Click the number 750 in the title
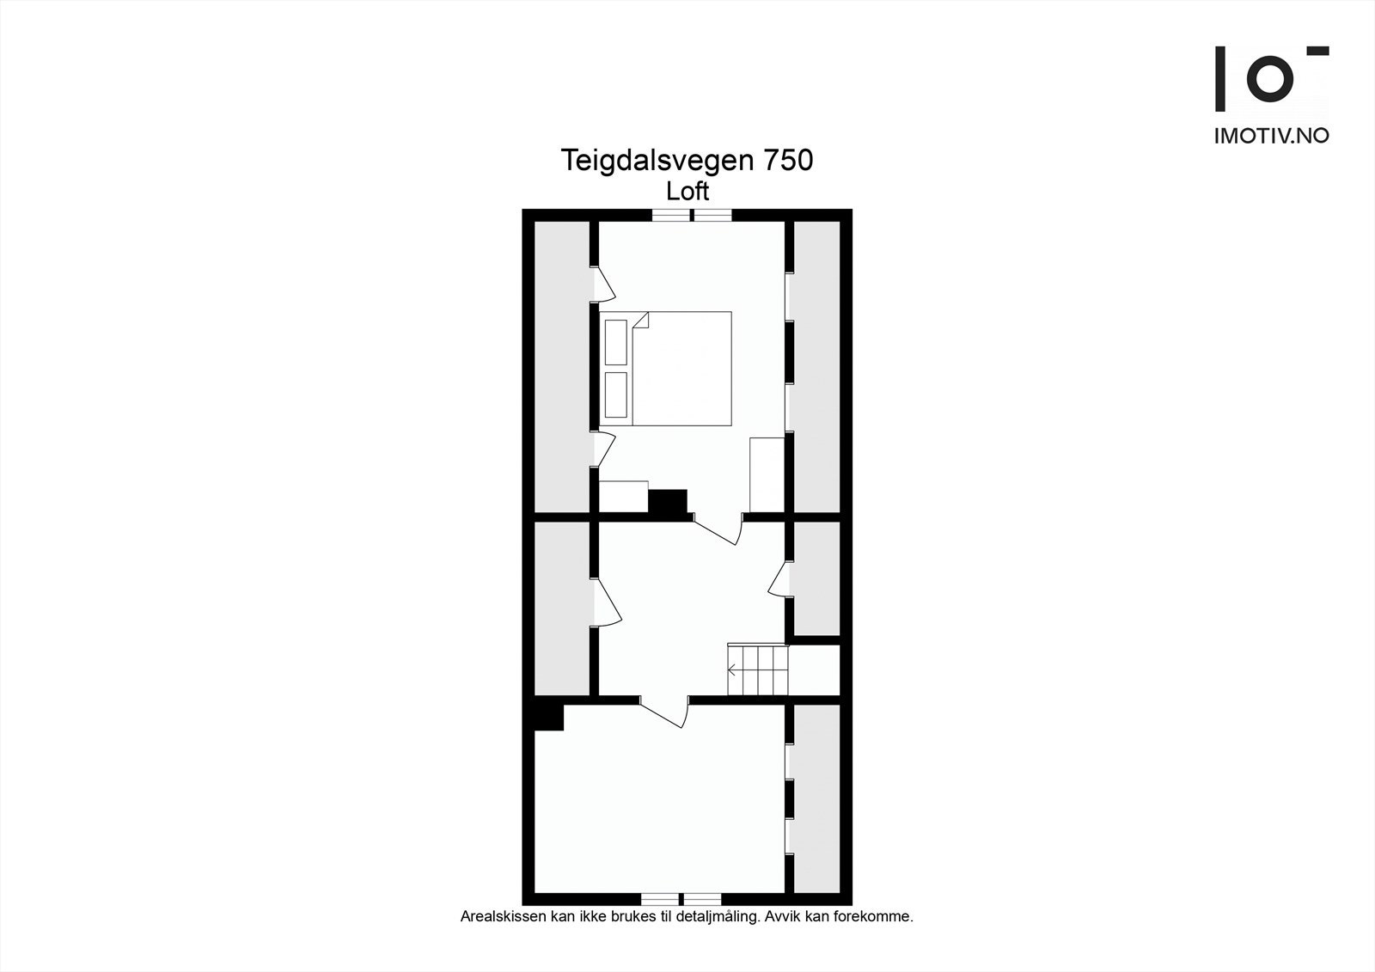click(782, 161)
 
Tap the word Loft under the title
click(687, 191)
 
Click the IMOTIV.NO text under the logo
click(1271, 136)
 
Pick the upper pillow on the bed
click(616, 342)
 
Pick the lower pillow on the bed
click(616, 394)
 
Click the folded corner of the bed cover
click(641, 321)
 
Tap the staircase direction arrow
click(733, 670)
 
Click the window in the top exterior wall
click(692, 215)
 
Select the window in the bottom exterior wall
click(681, 899)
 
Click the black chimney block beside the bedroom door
click(668, 502)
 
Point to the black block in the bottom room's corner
click(548, 717)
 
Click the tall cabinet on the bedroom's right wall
click(767, 474)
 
